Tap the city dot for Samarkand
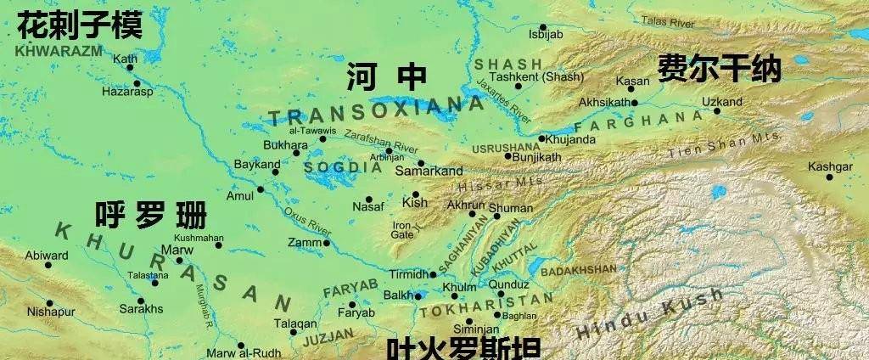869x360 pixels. (x=420, y=162)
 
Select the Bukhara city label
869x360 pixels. (x=286, y=145)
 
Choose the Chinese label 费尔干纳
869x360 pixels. (x=719, y=69)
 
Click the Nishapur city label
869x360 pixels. (x=51, y=312)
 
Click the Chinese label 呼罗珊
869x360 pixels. (x=150, y=215)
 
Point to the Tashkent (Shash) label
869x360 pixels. (x=548, y=76)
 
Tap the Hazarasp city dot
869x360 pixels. (x=137, y=82)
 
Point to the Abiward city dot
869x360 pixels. (x=48, y=265)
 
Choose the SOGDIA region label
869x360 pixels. (x=343, y=167)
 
